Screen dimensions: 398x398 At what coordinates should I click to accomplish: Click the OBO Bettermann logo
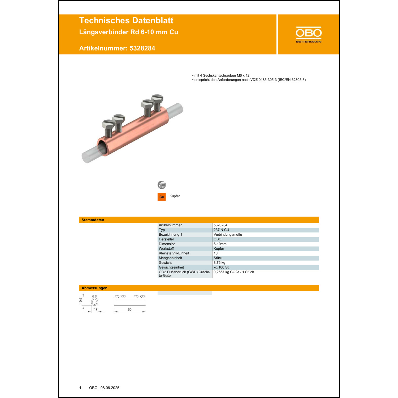[x=309, y=34]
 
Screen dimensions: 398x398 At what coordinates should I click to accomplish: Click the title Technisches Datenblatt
[x=126, y=21]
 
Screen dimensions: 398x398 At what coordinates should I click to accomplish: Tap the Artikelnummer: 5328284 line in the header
[x=117, y=48]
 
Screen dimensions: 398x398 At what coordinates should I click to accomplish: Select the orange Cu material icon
[x=162, y=197]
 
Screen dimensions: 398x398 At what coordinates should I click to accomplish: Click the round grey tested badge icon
[x=162, y=185]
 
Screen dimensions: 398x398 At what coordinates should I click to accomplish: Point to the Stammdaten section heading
[x=93, y=220]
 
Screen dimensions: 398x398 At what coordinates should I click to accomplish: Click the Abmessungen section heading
[x=94, y=288]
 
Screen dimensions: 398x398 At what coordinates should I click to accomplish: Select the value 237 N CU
[x=221, y=230]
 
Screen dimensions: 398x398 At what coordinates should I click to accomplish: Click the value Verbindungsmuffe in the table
[x=228, y=235]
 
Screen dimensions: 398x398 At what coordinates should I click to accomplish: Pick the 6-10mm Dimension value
[x=220, y=244]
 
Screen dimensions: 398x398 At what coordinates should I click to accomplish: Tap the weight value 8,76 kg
[x=219, y=263]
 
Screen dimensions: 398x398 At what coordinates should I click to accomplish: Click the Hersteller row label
[x=166, y=239]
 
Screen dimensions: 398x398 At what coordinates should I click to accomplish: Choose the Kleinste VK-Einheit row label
[x=174, y=253]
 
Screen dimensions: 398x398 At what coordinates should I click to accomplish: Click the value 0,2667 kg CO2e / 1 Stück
[x=233, y=272]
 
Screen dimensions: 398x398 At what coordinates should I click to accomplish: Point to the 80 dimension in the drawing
[x=129, y=309]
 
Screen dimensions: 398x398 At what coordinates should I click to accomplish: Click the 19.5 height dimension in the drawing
[x=81, y=301]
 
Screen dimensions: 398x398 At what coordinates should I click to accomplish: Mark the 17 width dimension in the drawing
[x=96, y=309]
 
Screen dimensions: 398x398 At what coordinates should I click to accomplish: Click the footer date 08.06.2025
[x=110, y=388]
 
